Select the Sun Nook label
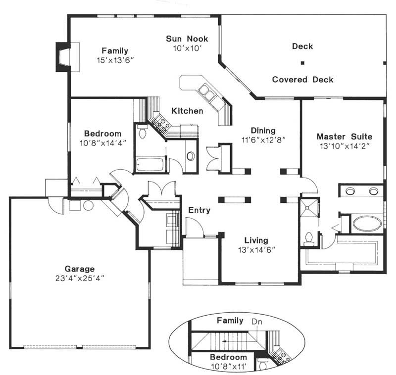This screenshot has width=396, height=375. (x=187, y=39)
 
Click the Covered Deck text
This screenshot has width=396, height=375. (x=302, y=79)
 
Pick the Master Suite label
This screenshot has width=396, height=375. (x=344, y=136)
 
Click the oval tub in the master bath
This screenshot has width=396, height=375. (x=366, y=223)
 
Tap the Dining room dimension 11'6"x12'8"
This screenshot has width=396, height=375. (x=263, y=140)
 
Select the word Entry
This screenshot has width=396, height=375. (x=199, y=210)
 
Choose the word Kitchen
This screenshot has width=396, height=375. (x=187, y=111)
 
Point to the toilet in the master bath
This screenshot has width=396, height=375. (x=310, y=239)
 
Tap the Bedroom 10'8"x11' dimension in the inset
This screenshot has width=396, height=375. (x=227, y=366)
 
